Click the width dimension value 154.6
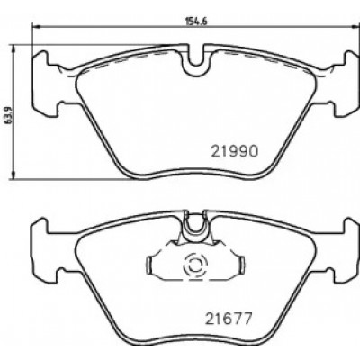pos(197,22)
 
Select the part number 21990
pos(235,151)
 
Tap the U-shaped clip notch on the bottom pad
pos(196,228)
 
